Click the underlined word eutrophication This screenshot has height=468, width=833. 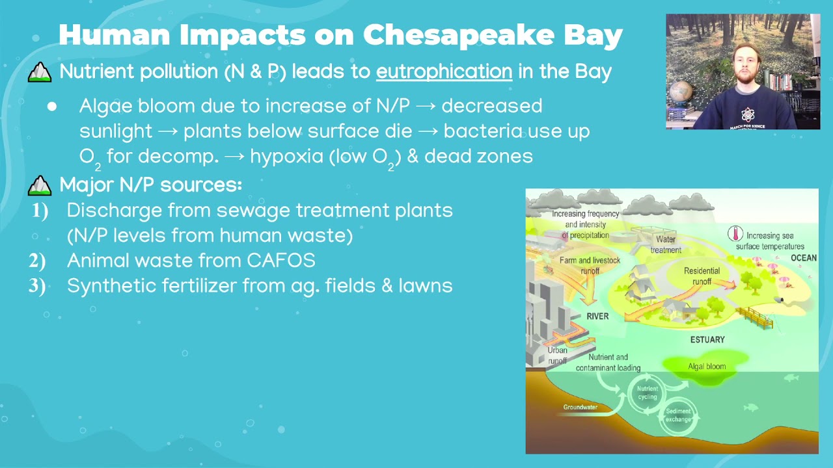(444, 71)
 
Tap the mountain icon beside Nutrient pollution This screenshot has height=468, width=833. (40, 72)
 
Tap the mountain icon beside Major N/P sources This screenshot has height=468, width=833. (40, 185)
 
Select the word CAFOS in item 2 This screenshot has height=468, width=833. (281, 261)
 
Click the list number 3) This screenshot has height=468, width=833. (38, 286)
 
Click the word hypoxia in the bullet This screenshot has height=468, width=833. (287, 156)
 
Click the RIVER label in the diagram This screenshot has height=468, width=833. (597, 317)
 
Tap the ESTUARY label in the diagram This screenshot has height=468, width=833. (707, 339)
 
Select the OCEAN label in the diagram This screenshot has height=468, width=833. (803, 258)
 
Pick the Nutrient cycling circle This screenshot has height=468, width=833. (647, 393)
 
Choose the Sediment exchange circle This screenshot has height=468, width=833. (678, 415)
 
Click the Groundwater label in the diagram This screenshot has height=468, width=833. (580, 408)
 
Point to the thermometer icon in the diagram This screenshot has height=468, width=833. (735, 234)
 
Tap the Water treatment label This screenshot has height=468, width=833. (665, 244)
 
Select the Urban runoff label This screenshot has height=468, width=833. (557, 356)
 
